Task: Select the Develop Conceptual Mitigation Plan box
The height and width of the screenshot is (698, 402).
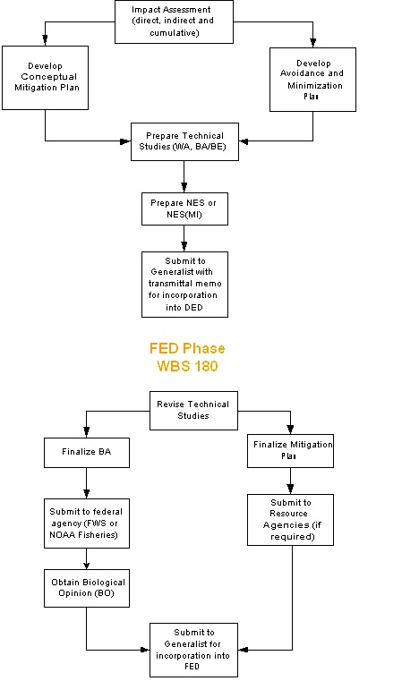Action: coord(45,79)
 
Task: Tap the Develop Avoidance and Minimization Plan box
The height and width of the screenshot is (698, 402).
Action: coord(313,79)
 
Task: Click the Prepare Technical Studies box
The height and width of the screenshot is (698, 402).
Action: coord(184,141)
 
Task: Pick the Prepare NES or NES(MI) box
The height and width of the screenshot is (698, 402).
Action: coord(184,209)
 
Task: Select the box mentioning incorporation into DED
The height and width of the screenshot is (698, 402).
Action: coord(184,284)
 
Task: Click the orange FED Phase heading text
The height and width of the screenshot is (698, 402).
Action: coord(188,348)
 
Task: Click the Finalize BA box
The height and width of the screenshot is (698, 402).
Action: coord(86,452)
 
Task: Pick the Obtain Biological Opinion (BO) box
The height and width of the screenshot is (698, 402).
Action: coord(86,588)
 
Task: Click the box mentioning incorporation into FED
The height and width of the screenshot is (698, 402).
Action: coord(193,649)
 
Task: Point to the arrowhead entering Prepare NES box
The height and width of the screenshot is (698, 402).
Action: coord(184,188)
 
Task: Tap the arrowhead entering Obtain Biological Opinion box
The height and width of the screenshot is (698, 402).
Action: coord(86,565)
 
